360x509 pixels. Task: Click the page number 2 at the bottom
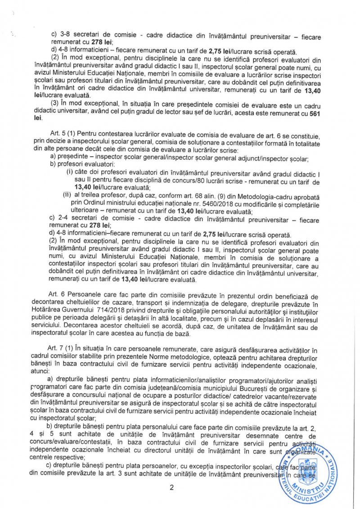click(x=171, y=488)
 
